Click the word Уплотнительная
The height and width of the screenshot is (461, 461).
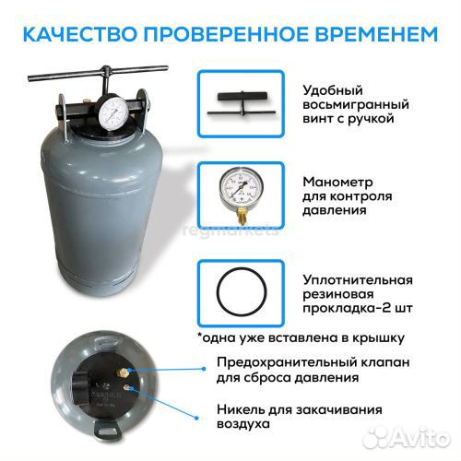(358, 279)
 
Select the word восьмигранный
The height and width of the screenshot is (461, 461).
(354, 104)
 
